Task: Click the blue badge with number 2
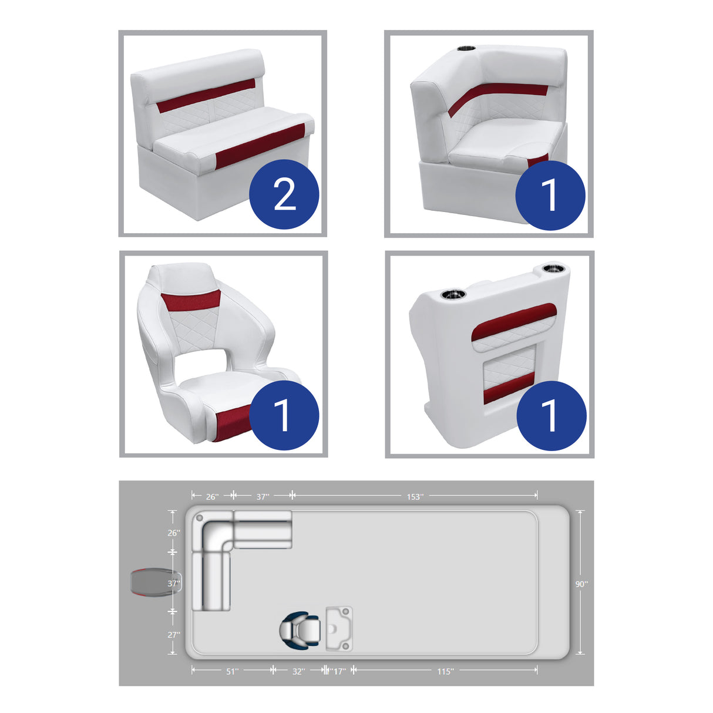(284, 194)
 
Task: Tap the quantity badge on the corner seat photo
(550, 194)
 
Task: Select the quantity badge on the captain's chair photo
(284, 415)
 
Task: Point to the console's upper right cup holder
(552, 270)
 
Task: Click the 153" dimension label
(415, 497)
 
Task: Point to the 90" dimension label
(581, 584)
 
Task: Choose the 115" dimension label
(445, 671)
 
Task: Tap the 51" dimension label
(232, 671)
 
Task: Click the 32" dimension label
(298, 671)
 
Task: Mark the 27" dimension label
(174, 634)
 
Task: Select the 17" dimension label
(339, 671)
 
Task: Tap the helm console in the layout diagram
(339, 628)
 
